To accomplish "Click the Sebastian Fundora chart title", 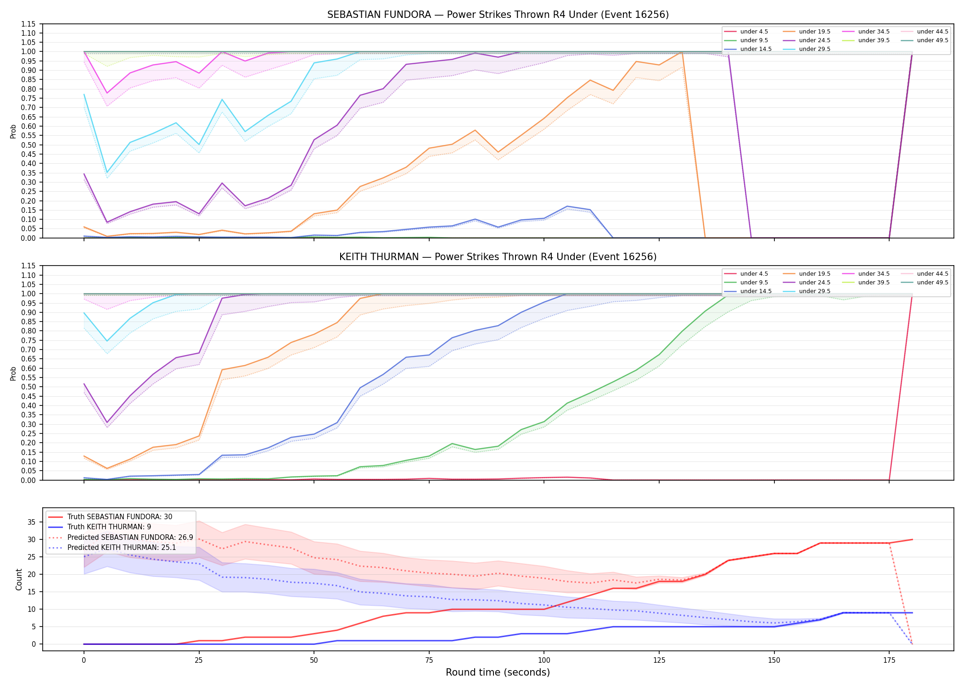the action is point(498,15).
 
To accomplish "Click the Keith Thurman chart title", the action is point(498,257).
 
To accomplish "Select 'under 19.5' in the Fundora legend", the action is point(814,32).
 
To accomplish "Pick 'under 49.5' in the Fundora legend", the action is point(932,40).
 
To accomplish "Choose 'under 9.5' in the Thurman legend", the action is point(754,283).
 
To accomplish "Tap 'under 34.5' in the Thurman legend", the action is point(874,274).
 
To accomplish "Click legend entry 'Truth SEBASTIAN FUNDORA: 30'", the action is point(120,517).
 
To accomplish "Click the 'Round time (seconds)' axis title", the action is point(498,672).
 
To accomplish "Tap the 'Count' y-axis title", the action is point(19,579).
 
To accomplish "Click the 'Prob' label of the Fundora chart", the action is point(13,131).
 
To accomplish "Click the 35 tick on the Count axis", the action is point(32,522).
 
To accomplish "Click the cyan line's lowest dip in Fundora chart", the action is point(107,172).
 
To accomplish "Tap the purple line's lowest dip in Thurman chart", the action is point(107,422).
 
